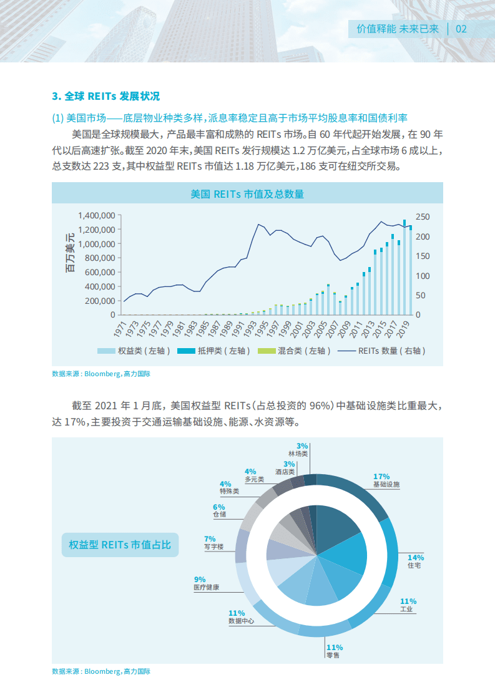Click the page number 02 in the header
coord(462,29)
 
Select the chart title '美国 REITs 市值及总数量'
coord(247,194)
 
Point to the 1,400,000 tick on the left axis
coord(96,215)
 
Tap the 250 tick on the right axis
coord(423,216)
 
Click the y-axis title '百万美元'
coord(70,253)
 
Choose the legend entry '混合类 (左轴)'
coord(300,351)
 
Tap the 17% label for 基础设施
coord(381,476)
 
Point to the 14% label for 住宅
coord(416,557)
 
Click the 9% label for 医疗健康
coord(200,579)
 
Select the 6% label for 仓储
coord(218,507)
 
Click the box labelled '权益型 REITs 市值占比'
coord(120,545)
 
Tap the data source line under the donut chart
coord(101,671)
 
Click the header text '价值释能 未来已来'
coord(398,29)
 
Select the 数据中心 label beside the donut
coord(241,621)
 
